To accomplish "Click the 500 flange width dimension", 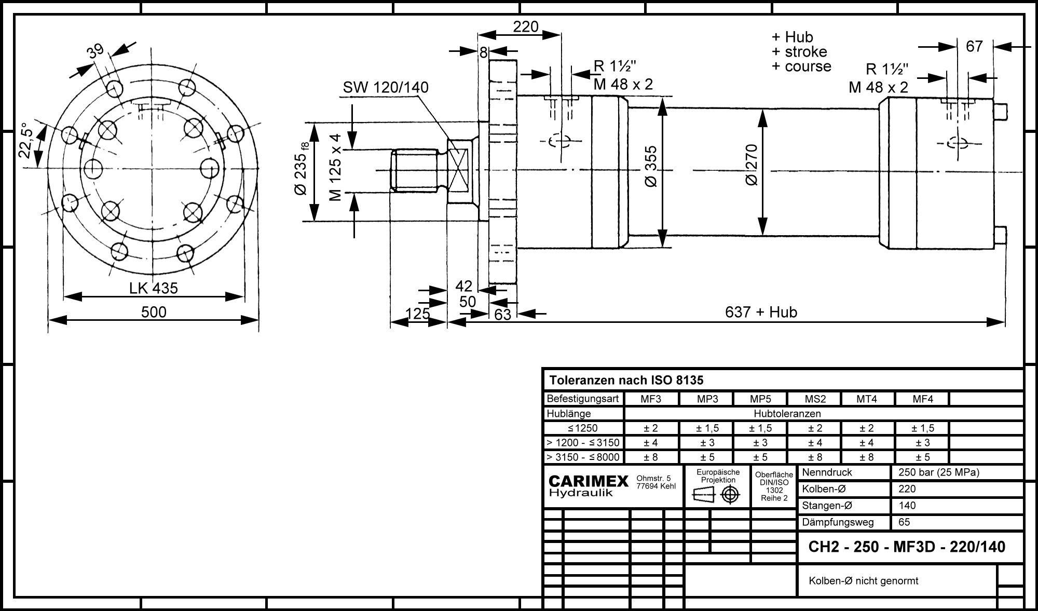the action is [x=154, y=312].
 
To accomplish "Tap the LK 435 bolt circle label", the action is [x=154, y=288].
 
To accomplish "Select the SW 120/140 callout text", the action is [x=386, y=87].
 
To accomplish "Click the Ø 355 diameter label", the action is [x=651, y=167].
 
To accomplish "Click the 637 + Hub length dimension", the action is [x=761, y=312].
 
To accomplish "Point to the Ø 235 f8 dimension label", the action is [x=302, y=168].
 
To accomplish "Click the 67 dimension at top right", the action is [x=974, y=47].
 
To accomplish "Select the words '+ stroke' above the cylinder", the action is [x=799, y=52].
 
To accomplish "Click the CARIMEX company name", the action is [x=589, y=481].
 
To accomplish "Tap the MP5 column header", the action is [x=760, y=399].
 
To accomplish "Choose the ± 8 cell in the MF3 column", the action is [x=651, y=457].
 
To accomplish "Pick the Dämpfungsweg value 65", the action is [x=904, y=522].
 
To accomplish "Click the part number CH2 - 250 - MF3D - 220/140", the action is [x=907, y=547].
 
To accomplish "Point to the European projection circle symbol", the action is [x=730, y=495].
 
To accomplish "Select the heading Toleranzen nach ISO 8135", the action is [x=626, y=381].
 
